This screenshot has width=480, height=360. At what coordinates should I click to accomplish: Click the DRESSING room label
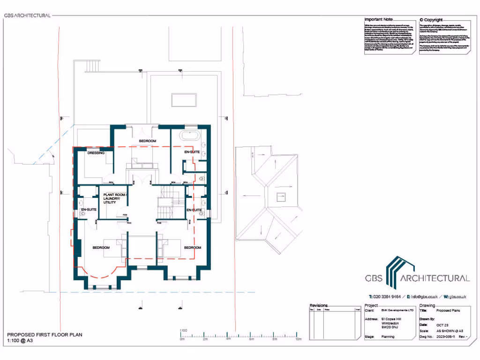pos(96,153)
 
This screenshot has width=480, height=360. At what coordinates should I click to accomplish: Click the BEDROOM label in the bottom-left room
pos(101,247)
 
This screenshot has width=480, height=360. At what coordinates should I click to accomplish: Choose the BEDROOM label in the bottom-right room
pos(192,247)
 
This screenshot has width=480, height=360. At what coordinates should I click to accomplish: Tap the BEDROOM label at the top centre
pos(148,141)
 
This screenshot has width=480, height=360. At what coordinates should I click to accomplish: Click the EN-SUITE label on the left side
pos(89,210)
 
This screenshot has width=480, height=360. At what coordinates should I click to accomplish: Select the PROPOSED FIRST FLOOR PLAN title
pos(45,335)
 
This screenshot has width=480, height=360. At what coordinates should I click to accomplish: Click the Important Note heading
pos(379,20)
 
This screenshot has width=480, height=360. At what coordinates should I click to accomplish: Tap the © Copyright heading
pos(431,20)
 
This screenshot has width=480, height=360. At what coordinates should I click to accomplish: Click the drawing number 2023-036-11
pos(446,337)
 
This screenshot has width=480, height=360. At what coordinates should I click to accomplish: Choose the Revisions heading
pos(319,305)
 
